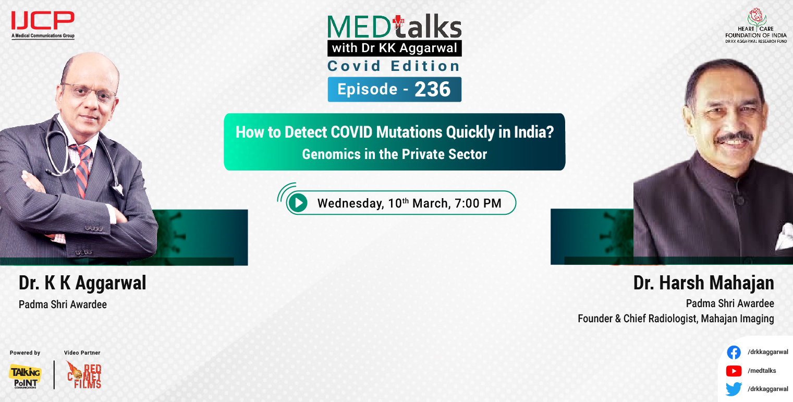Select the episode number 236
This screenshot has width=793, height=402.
point(432,90)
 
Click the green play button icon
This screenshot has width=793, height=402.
point(298,202)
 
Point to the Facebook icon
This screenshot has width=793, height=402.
point(734,352)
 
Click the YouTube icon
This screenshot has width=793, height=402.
point(734,371)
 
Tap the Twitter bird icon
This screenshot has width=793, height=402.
point(734,389)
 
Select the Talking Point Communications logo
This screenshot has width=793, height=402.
point(25,375)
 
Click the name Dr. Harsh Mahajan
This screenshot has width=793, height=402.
point(703,283)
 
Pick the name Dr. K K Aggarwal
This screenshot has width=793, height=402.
point(82,283)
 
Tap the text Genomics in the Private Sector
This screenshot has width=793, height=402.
point(394,154)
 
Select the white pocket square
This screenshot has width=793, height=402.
point(782,237)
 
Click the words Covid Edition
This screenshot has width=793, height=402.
point(394,66)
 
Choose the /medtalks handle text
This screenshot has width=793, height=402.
point(762,371)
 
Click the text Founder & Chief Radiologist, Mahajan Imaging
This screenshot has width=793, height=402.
point(676,319)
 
